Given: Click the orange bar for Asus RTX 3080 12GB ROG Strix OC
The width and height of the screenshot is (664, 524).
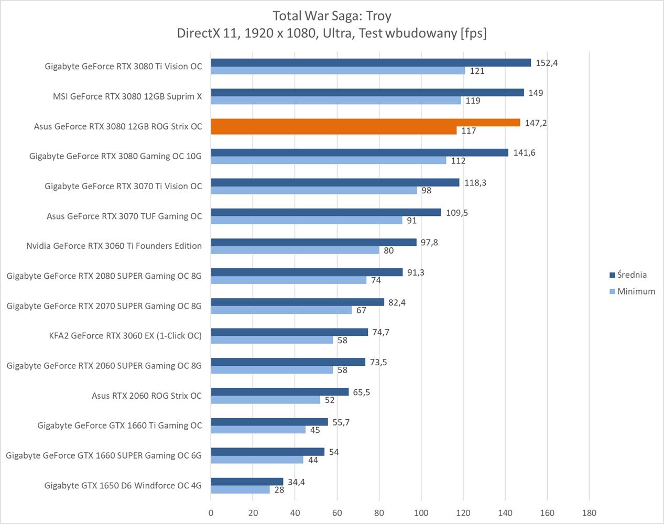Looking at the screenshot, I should point(365,123).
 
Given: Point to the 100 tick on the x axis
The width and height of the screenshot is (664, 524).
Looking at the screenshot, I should point(421,513).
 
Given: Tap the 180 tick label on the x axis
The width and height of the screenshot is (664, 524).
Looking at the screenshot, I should point(589,513).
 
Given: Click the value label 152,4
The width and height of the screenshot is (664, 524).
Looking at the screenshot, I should point(547,63).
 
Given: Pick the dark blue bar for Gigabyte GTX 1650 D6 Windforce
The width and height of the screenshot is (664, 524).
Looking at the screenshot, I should point(247,482).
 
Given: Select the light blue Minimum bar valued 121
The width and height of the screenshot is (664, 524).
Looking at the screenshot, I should point(338,71).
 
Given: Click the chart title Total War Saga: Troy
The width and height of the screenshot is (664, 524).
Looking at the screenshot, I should point(332,16).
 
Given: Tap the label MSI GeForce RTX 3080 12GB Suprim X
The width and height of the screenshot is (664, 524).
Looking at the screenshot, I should point(127,96).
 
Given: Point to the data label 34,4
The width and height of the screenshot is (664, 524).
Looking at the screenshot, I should point(296,482).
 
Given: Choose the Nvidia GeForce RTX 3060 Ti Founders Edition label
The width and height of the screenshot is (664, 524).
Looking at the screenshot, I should point(114,246).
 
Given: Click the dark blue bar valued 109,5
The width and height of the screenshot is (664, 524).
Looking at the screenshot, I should point(326,212).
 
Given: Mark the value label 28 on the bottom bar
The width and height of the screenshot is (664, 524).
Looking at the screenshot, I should point(279,490).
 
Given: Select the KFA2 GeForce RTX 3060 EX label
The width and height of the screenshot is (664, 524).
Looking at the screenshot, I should point(125,336).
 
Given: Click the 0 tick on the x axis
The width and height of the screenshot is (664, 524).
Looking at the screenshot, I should point(211,513).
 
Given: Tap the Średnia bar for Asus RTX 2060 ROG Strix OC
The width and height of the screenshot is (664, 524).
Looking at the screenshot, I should point(280,392).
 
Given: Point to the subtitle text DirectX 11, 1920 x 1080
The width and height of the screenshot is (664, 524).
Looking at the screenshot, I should point(332,34).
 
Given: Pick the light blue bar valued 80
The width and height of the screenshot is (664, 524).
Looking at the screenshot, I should point(295,250).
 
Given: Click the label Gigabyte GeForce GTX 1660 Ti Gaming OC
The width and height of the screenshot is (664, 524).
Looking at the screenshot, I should point(119,425).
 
